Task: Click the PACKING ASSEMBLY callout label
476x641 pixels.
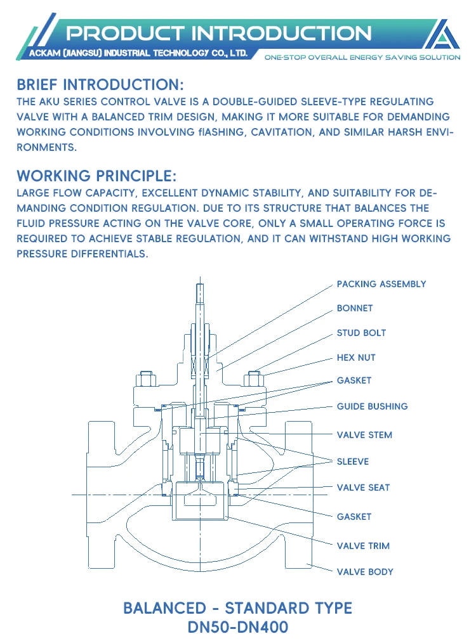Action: point(381,284)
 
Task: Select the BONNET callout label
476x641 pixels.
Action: point(355,308)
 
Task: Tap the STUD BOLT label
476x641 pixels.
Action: point(361,333)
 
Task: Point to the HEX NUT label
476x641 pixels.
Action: point(356,358)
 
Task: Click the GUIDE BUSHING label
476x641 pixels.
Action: point(372,406)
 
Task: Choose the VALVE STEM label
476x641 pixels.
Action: point(364,435)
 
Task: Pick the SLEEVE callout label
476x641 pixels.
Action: point(352,462)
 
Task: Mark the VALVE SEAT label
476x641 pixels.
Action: point(363,488)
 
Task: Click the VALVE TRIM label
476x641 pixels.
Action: point(363,546)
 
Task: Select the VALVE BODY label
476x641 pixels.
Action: point(365,572)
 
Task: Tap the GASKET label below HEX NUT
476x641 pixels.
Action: point(354,381)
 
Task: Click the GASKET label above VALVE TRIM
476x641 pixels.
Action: point(354,517)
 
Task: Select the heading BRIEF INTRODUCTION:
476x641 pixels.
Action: point(101,84)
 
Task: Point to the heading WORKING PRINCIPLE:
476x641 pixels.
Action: point(96,176)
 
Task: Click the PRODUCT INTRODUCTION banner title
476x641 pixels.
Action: point(219,33)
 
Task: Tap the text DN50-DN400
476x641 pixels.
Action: point(237,628)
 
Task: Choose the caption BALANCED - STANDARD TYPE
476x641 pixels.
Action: point(237,608)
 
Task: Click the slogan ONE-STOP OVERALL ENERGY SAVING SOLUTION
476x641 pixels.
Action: point(362,57)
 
